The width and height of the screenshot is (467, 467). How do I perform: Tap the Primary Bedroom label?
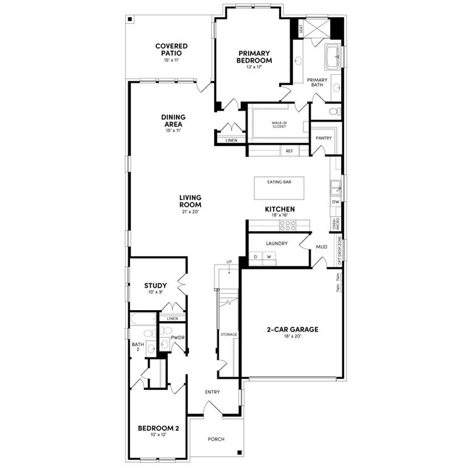coord(255,57)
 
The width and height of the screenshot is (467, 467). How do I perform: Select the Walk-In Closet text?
coord(279,125)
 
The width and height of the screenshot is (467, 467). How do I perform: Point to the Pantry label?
coord(323,138)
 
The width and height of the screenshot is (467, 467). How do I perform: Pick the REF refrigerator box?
coord(289,150)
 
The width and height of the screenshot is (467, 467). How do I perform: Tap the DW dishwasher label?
coord(335,202)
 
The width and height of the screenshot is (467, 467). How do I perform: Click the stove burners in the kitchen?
coord(288,224)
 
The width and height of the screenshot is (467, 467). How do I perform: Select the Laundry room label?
coord(276,243)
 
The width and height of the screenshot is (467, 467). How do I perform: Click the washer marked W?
coord(269,257)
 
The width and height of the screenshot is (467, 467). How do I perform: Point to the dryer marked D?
coord(255,257)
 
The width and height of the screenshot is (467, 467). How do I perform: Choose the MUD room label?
coord(322,247)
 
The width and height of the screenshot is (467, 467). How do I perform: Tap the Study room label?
coord(156,286)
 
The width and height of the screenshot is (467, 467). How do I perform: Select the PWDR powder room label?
coord(178,337)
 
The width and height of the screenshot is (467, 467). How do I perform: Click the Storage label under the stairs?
coord(229,334)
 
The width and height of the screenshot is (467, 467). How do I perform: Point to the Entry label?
coord(212,392)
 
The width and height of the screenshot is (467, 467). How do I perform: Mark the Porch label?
coord(216,438)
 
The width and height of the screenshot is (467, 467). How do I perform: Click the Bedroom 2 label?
coord(158,428)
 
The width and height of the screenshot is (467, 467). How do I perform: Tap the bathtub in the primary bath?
coord(333,58)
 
